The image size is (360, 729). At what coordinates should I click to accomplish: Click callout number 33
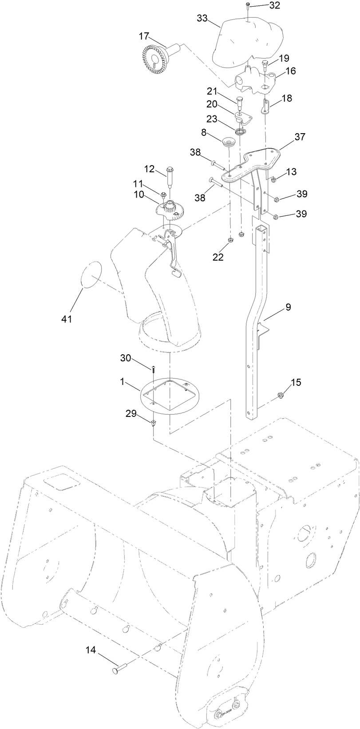click(203, 18)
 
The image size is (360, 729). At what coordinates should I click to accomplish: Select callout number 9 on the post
click(288, 307)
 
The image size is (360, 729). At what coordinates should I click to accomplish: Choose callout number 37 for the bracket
click(300, 137)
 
